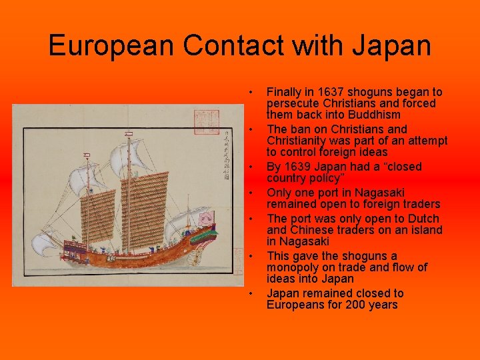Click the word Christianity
point(297,141)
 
